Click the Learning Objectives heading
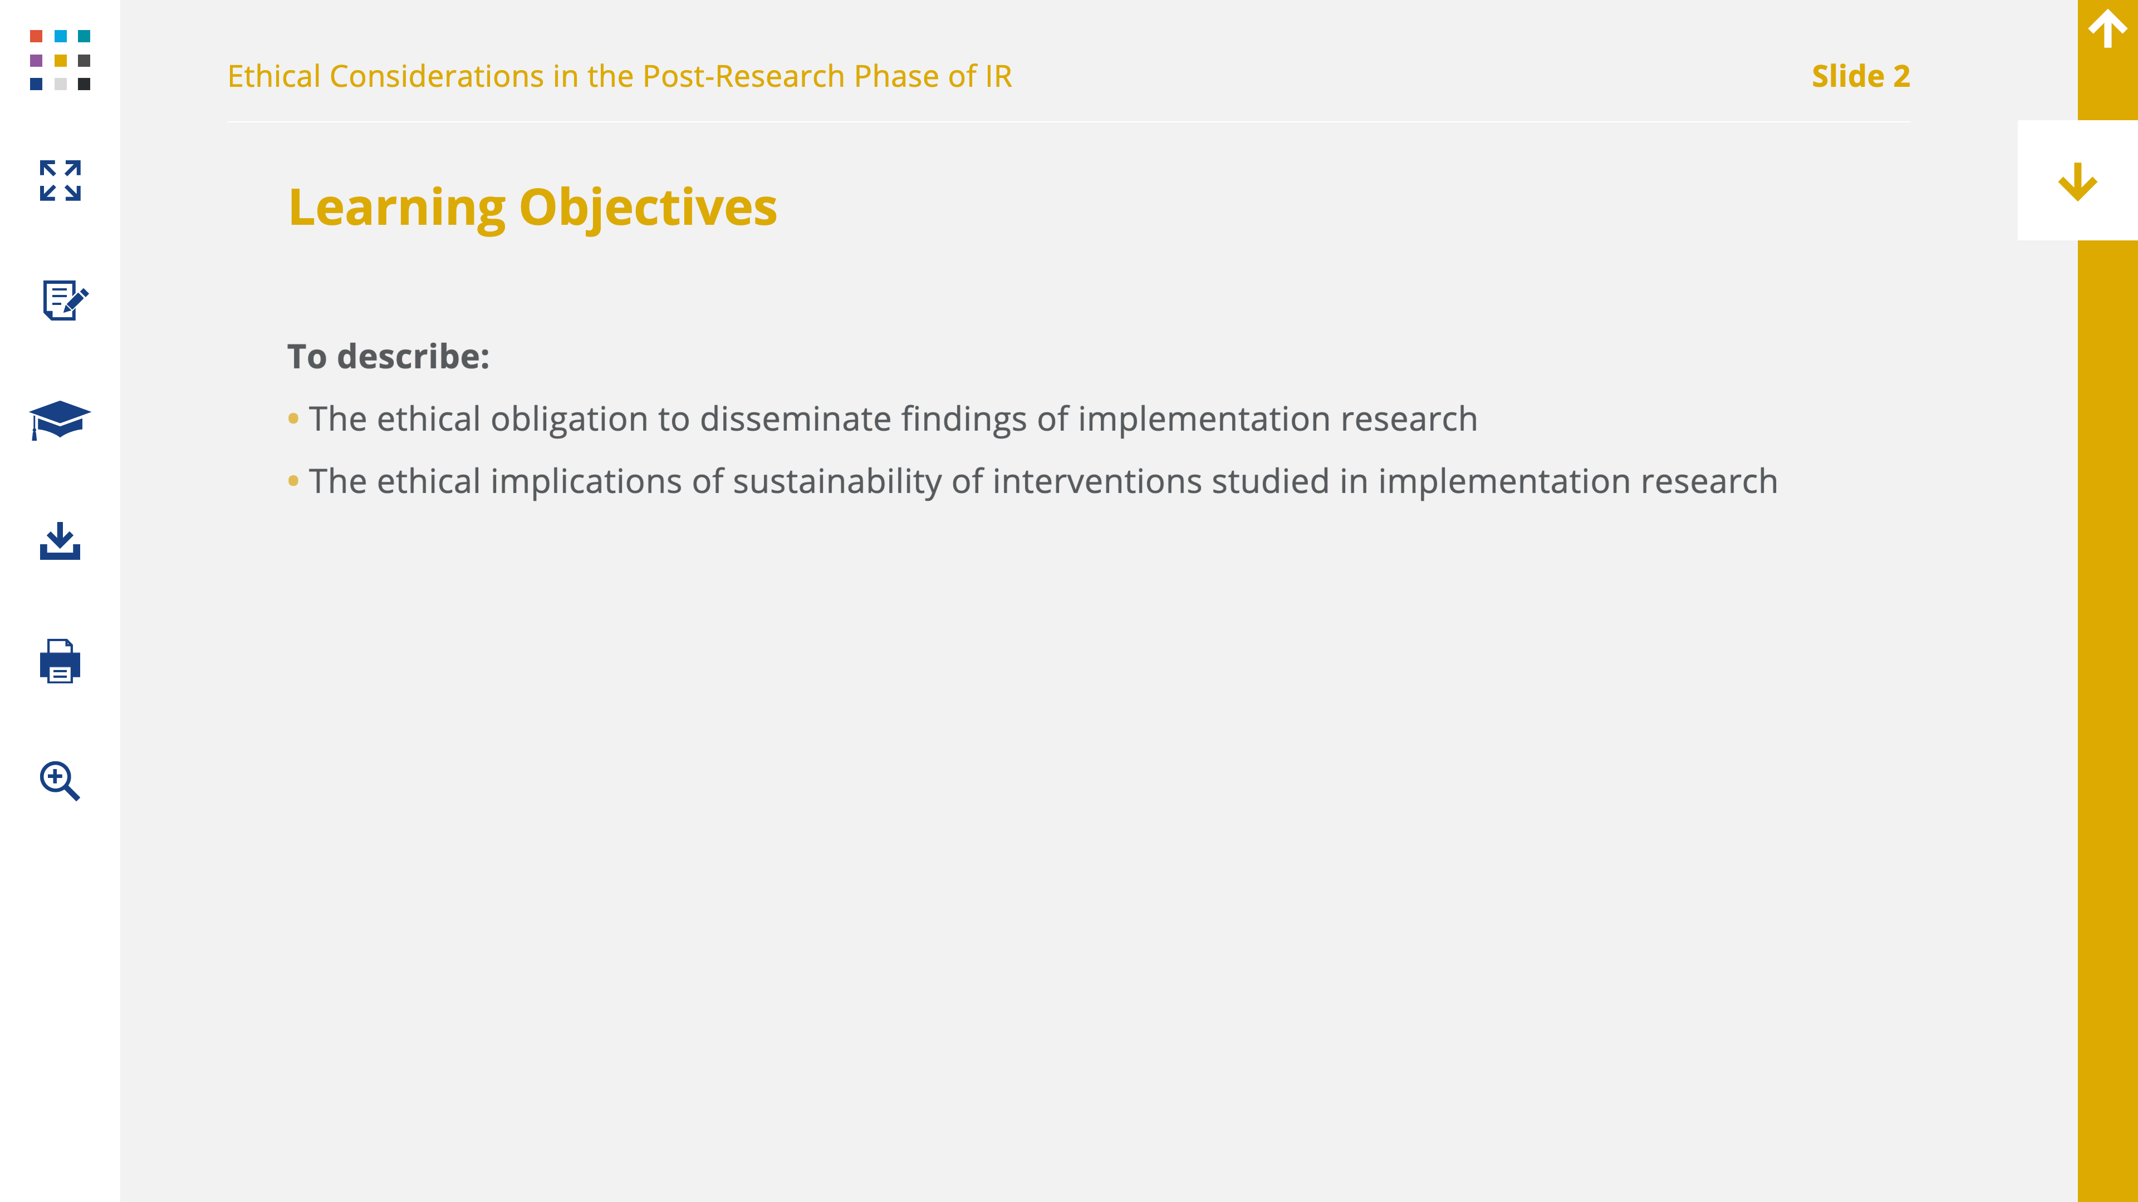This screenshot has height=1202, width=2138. [x=533, y=208]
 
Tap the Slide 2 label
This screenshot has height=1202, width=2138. [x=1861, y=76]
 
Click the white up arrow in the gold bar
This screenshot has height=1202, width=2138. [x=2107, y=29]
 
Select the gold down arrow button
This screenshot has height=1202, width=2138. [x=2077, y=181]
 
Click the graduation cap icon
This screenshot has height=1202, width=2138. [x=60, y=420]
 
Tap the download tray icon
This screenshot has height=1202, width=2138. [x=60, y=541]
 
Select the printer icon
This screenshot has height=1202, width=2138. [x=60, y=661]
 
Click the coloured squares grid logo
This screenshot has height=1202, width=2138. [x=60, y=60]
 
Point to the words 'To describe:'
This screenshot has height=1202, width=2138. [x=389, y=357]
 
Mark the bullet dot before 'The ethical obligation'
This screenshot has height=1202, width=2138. [x=293, y=418]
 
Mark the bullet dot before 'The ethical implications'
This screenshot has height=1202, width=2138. [x=293, y=480]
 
